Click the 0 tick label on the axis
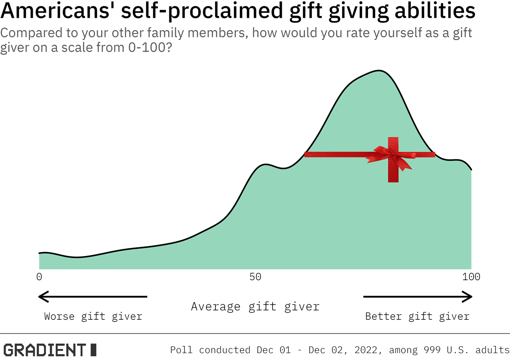point(39,277)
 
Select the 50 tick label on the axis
point(255,277)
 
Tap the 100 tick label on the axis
point(471,277)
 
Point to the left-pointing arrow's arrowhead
point(42,297)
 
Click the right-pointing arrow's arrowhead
point(469,297)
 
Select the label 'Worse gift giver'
point(93,316)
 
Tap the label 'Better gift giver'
point(417,316)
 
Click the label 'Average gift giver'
point(255,306)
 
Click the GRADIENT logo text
point(44,350)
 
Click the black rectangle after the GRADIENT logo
point(93,350)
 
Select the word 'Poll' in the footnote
point(182,350)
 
